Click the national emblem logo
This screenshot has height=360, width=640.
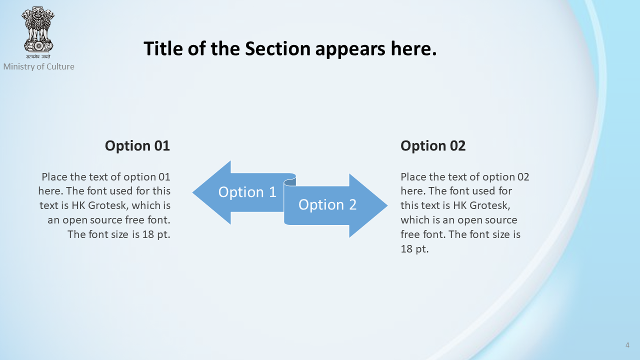[x=38, y=29]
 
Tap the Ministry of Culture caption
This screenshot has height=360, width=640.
[x=38, y=66]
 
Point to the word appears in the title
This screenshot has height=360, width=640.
[x=350, y=49]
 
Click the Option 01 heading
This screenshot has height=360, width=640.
[x=137, y=145]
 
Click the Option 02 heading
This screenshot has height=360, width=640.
[x=433, y=145]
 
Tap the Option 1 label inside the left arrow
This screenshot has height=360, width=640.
[x=247, y=192]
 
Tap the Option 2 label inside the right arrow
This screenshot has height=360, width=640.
[x=327, y=205]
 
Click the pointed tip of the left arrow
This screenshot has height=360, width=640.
[x=193, y=192]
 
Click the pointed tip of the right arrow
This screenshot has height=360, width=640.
[x=387, y=205]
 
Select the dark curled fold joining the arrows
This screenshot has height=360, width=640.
[x=290, y=181]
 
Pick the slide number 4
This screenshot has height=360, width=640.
[x=627, y=345]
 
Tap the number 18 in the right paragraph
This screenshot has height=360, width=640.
[x=406, y=249]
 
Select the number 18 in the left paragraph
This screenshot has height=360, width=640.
[x=148, y=234]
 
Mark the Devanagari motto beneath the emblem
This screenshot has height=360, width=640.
[x=38, y=56]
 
